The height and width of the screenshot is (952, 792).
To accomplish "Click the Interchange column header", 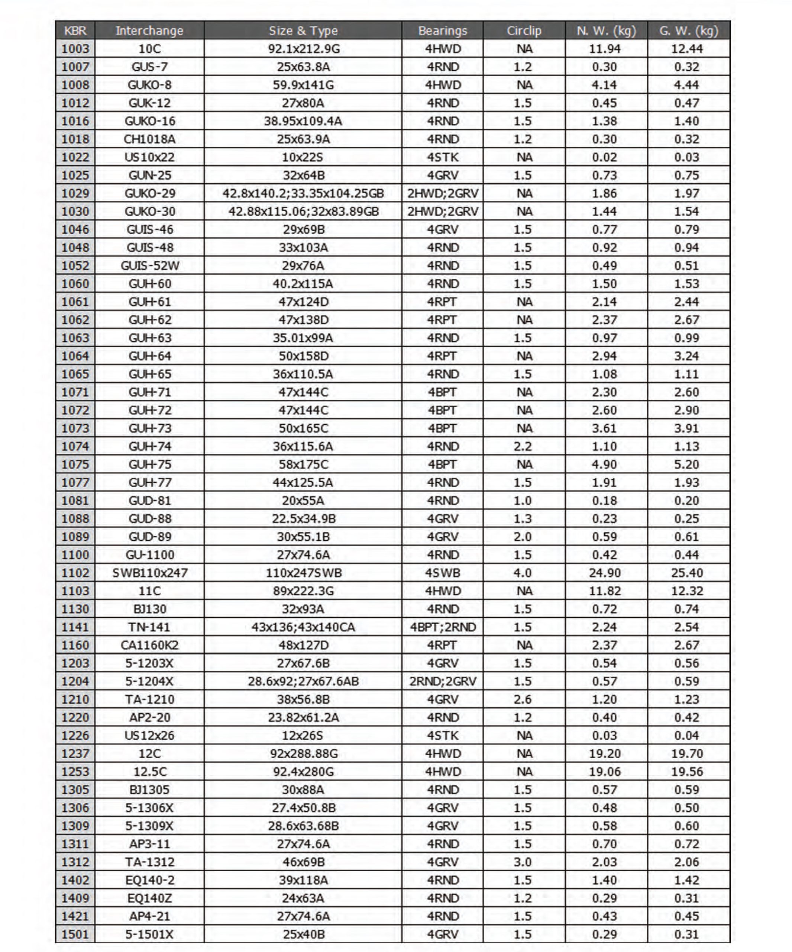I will (x=149, y=30).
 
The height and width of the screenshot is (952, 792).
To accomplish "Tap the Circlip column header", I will (x=524, y=30).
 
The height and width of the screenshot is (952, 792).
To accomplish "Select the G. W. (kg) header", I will (x=688, y=30).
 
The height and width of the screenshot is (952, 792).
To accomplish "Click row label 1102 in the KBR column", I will (x=75, y=573).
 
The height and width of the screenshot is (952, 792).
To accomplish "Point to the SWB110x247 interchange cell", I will (x=149, y=573).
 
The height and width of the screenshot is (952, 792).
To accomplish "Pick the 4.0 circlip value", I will (x=523, y=573).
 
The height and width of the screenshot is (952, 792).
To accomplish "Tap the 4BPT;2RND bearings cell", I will (x=443, y=627).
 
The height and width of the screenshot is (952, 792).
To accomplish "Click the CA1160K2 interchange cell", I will (x=149, y=645).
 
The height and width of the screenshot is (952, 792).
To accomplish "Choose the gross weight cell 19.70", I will (x=686, y=753).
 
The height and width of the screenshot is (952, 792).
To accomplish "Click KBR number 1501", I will (x=75, y=934).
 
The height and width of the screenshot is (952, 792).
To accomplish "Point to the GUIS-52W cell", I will (x=149, y=266).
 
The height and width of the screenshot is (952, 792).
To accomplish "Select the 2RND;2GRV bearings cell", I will (x=443, y=681).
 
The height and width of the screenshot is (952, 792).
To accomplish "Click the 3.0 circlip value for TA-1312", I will (x=523, y=862).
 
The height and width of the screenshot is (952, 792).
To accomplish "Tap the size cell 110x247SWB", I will (x=303, y=573).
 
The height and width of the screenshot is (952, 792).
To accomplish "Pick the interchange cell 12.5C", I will (x=149, y=772).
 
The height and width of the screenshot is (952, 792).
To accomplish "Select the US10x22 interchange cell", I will (x=149, y=157).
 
